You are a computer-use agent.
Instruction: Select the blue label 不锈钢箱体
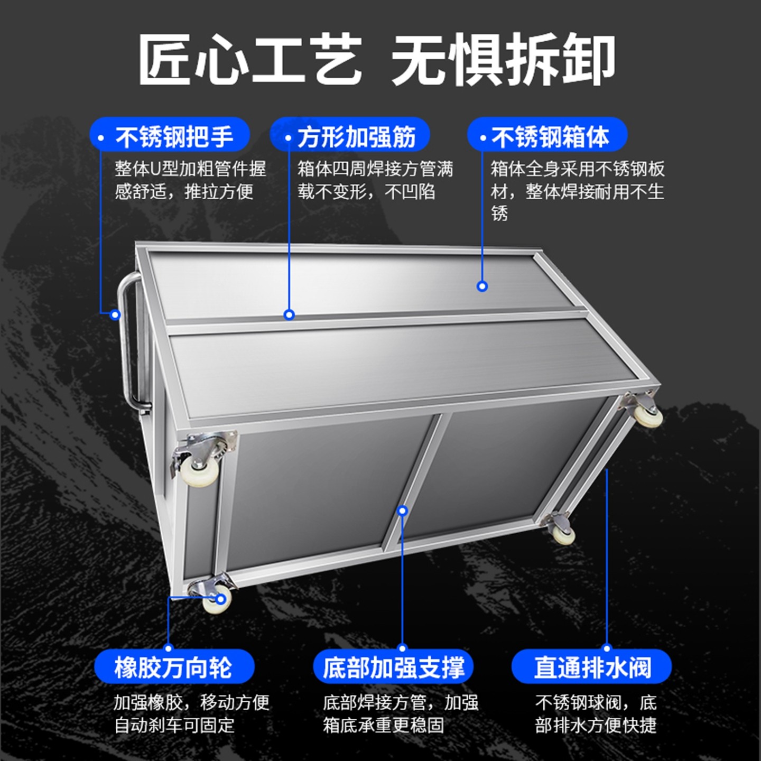(x=547, y=136)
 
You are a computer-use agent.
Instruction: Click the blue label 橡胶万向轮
(x=174, y=667)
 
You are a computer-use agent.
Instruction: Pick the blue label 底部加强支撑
(x=393, y=667)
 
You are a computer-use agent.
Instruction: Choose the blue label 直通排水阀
(x=592, y=667)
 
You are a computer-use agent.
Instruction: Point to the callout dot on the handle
(x=115, y=315)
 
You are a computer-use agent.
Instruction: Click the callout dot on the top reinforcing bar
(x=289, y=315)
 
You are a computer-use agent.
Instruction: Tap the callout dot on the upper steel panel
(x=482, y=286)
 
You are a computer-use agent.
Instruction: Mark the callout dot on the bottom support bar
(x=403, y=511)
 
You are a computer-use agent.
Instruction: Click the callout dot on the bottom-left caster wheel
(x=221, y=599)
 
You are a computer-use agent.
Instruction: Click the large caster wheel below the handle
(x=199, y=468)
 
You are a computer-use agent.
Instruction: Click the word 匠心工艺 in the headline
(x=249, y=59)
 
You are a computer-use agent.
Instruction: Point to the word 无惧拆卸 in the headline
(x=503, y=59)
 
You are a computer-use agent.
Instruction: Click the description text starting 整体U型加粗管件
(x=190, y=180)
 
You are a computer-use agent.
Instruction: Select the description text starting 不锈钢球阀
(x=596, y=713)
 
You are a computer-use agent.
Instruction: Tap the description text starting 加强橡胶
(x=191, y=713)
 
